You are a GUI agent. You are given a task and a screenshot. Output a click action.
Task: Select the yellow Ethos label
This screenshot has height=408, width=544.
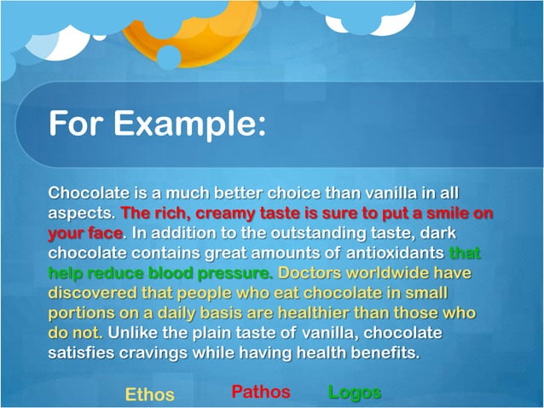[x=149, y=394]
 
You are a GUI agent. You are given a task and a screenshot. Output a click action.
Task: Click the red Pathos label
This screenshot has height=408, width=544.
[x=260, y=393]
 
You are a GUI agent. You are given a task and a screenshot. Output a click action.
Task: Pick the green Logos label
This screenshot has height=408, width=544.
[x=354, y=393]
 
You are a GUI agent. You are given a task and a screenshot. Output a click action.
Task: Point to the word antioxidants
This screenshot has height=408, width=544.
[x=395, y=254]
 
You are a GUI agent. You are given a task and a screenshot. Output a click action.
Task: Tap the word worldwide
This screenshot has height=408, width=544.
[x=397, y=274]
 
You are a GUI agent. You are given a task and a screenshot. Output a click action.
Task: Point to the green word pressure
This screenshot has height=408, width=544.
[x=236, y=274]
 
